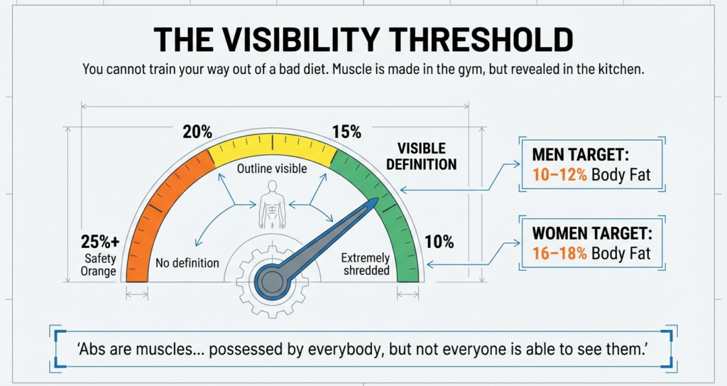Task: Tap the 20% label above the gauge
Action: [197, 132]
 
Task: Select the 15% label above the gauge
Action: [346, 132]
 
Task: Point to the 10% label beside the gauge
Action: [439, 242]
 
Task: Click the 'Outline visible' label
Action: [272, 169]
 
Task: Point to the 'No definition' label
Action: [187, 263]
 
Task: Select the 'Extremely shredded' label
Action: [366, 264]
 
